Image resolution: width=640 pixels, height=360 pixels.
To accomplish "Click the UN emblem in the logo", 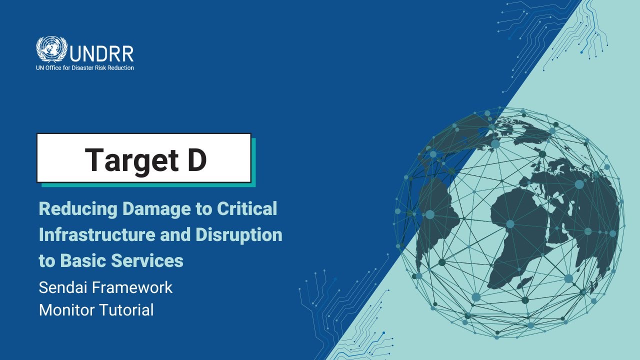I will tap(51, 49).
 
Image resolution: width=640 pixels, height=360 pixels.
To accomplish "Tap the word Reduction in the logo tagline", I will tap(119, 68).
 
